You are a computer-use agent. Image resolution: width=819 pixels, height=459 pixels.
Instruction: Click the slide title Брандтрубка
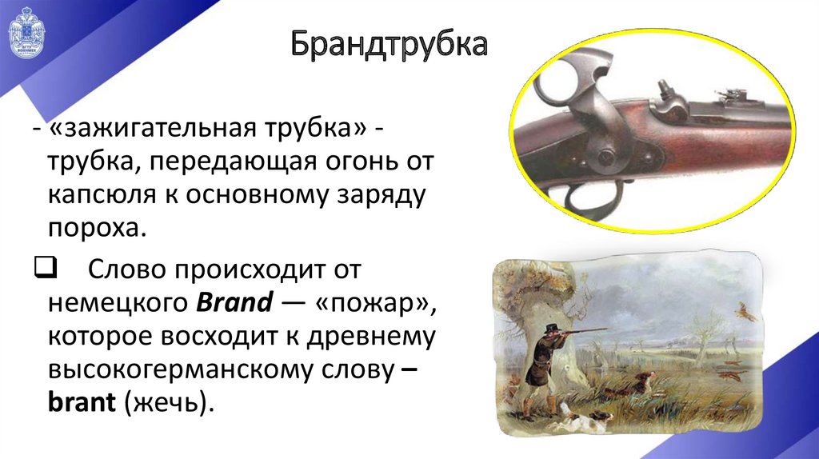pos(388,45)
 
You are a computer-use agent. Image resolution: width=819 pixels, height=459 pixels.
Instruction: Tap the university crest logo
pos(26,38)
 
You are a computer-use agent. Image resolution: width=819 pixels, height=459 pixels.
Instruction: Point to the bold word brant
pos(82,401)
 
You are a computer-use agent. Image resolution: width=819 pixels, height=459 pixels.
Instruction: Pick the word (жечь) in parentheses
pos(169,401)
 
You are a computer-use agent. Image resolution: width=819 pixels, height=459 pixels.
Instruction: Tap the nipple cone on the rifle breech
pos(663,89)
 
